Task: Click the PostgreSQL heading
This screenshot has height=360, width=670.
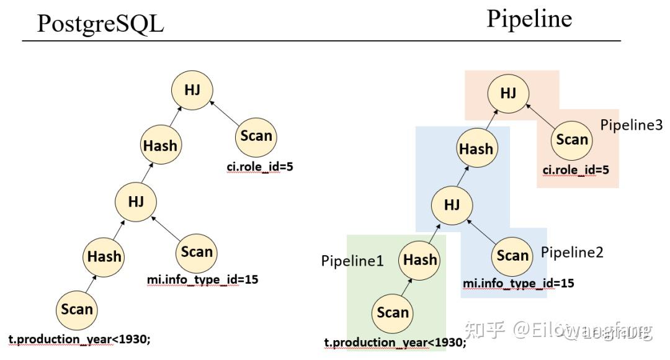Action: click(100, 24)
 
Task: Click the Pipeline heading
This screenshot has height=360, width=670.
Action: click(529, 19)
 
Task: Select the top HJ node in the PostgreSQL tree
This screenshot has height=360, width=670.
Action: click(192, 89)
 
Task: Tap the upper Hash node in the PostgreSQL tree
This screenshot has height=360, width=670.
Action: click(160, 146)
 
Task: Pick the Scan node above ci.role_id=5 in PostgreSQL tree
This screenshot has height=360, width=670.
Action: click(256, 136)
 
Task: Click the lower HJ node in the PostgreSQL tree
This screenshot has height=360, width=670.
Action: click(135, 201)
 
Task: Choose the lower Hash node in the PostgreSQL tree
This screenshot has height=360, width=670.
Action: click(104, 256)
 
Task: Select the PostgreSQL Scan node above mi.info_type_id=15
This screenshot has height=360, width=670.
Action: click(197, 252)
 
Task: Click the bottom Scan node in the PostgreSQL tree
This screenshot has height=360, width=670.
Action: click(77, 309)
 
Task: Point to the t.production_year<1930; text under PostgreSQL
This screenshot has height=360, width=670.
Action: click(79, 340)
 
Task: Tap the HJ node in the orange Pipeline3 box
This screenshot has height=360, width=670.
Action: click(508, 93)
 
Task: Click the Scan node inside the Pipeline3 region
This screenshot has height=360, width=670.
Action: click(572, 140)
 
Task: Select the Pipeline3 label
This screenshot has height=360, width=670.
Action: click(631, 125)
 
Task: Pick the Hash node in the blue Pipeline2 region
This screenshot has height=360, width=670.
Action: click(476, 149)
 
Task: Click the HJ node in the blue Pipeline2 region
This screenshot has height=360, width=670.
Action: click(452, 205)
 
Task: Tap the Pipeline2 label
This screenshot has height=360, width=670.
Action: click(572, 252)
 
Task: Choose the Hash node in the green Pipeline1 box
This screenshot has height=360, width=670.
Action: click(420, 259)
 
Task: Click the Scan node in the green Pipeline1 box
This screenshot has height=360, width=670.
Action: click(393, 312)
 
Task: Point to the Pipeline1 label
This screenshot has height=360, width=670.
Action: click(352, 261)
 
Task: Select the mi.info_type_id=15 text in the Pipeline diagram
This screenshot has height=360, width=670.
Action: click(518, 284)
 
